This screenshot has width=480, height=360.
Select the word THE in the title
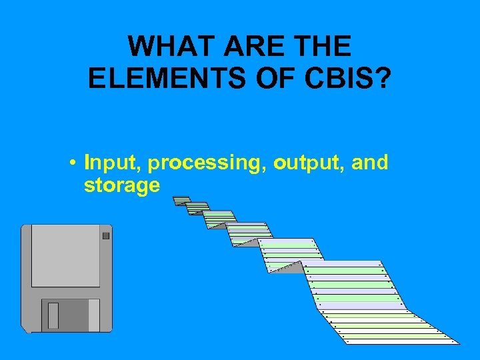click(x=323, y=47)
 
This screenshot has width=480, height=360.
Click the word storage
click(x=122, y=185)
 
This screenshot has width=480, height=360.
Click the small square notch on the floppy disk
click(x=105, y=235)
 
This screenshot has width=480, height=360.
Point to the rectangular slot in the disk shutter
click(x=53, y=315)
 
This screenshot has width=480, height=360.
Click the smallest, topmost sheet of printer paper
click(x=180, y=199)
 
